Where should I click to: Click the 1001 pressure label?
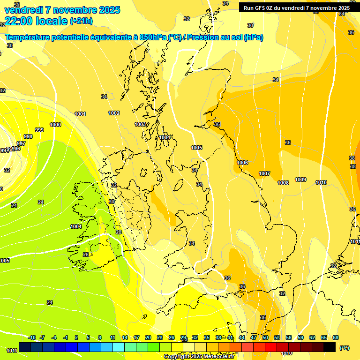[80, 114]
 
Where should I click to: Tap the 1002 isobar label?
[114, 113]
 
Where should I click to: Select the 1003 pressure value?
[140, 124]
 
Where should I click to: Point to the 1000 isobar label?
[55, 125]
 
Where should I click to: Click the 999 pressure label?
[39, 130]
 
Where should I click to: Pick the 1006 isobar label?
[242, 163]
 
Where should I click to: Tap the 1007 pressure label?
[264, 173]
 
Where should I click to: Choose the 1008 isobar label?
[283, 183]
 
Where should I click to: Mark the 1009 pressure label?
[300, 180]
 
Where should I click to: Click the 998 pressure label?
[28, 136]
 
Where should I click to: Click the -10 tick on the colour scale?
[32, 337]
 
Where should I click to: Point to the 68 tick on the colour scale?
[336, 337]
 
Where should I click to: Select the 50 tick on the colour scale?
[265, 337]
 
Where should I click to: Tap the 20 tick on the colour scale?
[148, 337]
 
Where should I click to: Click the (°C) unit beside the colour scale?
[345, 348]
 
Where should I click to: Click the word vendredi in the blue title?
[24, 10]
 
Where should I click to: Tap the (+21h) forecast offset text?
[81, 21]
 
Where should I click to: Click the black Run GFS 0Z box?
[297, 7]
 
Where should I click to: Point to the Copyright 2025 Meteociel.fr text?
[199, 356]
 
